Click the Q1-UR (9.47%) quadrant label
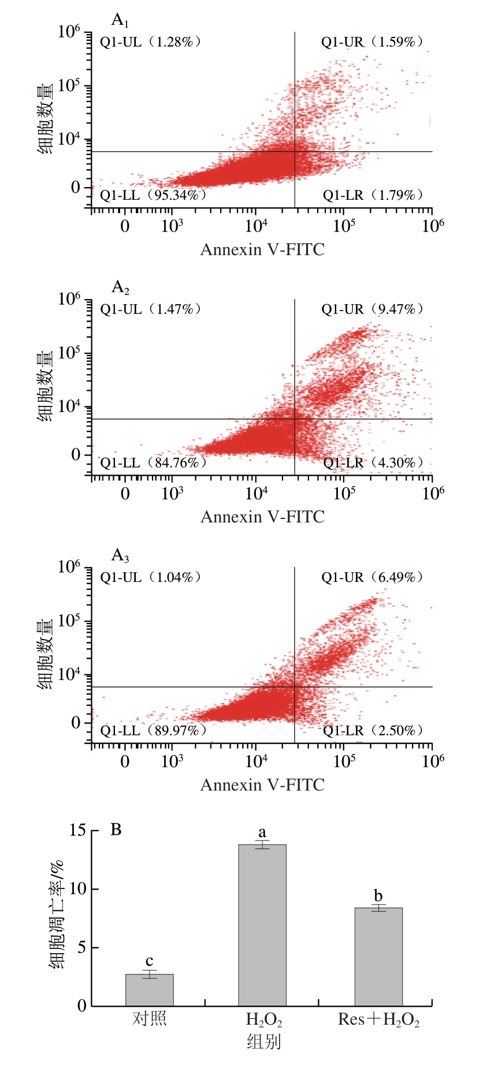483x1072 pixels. [x=373, y=309]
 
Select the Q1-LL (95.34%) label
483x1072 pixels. [x=153, y=195]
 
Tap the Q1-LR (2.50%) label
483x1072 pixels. [x=373, y=730]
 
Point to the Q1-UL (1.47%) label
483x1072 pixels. [x=151, y=309]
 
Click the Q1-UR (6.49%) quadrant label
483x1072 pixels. [x=373, y=577]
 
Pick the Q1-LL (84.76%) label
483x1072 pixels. [x=153, y=462]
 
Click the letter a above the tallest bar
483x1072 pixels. [x=262, y=832]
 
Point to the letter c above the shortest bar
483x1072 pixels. [x=150, y=961]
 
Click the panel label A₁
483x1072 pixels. [x=120, y=21]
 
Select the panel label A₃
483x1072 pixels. [x=120, y=556]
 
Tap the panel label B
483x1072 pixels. [x=116, y=830]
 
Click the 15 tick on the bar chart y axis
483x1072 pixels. [x=77, y=831]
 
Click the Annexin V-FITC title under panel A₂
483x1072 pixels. [x=262, y=517]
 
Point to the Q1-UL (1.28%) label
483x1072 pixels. [x=151, y=42]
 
